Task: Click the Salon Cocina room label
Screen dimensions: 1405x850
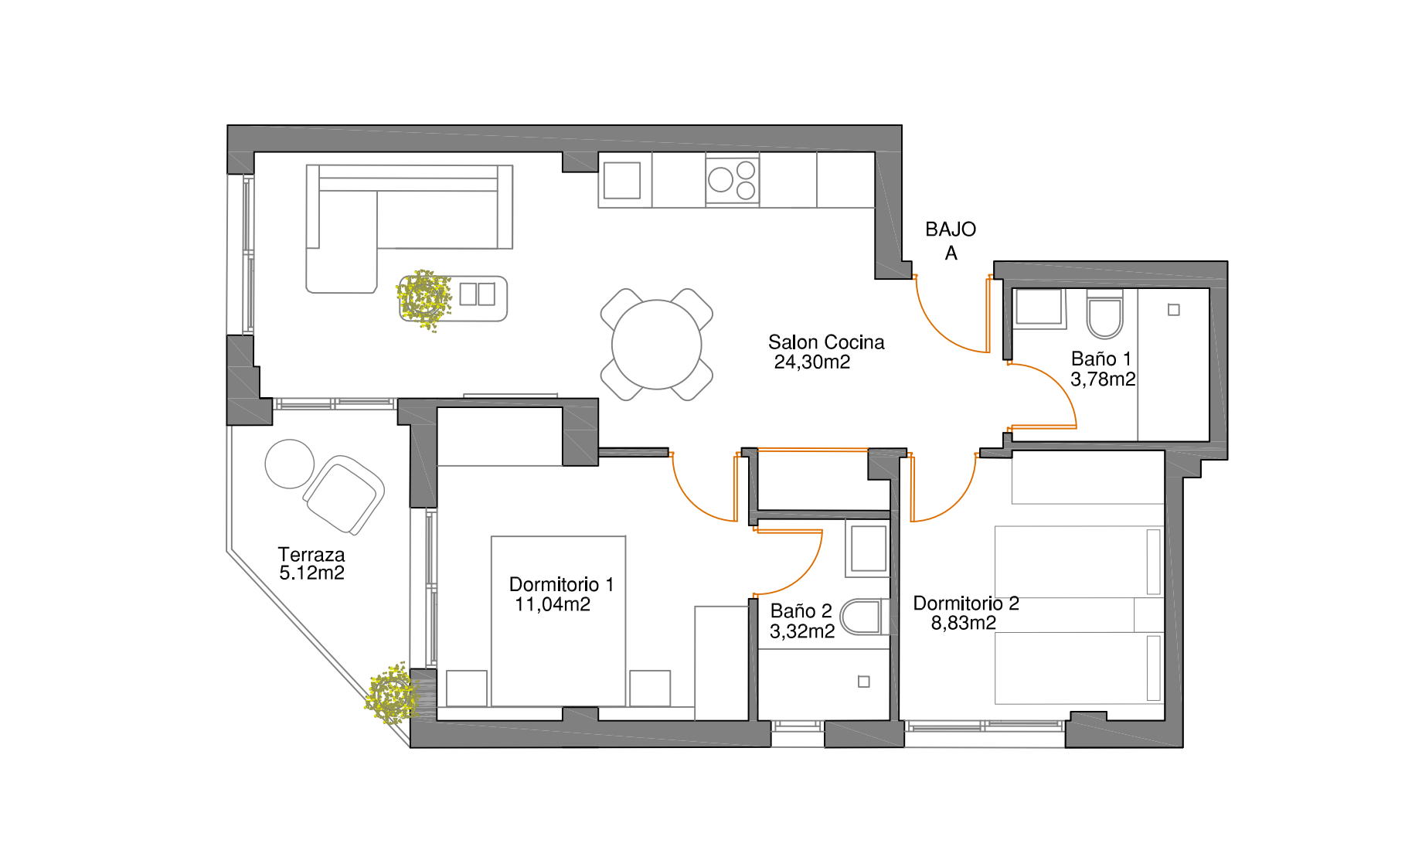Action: click(x=826, y=342)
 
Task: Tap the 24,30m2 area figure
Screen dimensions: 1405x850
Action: click(x=812, y=362)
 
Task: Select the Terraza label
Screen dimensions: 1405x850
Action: click(x=311, y=555)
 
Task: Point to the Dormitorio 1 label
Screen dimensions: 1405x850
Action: click(x=561, y=585)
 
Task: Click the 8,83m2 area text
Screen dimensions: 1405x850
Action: click(x=964, y=623)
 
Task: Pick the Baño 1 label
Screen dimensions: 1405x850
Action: click(x=1101, y=359)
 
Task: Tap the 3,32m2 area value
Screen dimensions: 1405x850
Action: click(x=802, y=631)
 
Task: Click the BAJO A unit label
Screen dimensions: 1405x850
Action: click(x=951, y=241)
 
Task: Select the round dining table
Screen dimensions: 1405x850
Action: click(x=657, y=345)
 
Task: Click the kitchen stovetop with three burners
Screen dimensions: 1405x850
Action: click(x=733, y=179)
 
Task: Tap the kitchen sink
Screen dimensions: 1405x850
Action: click(x=622, y=180)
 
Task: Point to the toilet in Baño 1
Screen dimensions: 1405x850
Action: click(x=1105, y=314)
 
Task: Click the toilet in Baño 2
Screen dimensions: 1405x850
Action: click(x=861, y=617)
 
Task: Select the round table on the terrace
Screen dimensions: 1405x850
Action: click(x=290, y=464)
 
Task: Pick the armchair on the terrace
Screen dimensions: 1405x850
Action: click(x=344, y=495)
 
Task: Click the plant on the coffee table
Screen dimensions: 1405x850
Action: click(x=424, y=299)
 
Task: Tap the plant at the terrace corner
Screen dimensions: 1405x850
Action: click(x=392, y=693)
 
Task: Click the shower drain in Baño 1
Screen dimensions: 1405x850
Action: click(x=1174, y=310)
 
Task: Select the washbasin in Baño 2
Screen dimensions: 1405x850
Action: click(x=869, y=549)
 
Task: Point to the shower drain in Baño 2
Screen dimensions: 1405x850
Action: click(x=864, y=682)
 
